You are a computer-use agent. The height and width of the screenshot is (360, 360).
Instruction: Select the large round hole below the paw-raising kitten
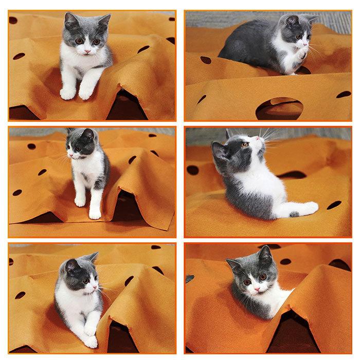[279, 107]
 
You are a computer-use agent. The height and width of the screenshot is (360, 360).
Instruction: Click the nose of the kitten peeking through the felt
[256, 290]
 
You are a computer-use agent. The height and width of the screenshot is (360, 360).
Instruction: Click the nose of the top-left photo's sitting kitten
[86, 51]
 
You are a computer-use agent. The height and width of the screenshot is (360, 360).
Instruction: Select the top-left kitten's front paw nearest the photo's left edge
[67, 94]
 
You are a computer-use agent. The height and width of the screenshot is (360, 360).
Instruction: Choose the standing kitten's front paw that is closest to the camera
[95, 212]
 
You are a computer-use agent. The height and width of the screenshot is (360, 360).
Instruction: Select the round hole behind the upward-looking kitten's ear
[193, 170]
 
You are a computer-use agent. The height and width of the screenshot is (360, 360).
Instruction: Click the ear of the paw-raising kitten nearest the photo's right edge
[310, 20]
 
